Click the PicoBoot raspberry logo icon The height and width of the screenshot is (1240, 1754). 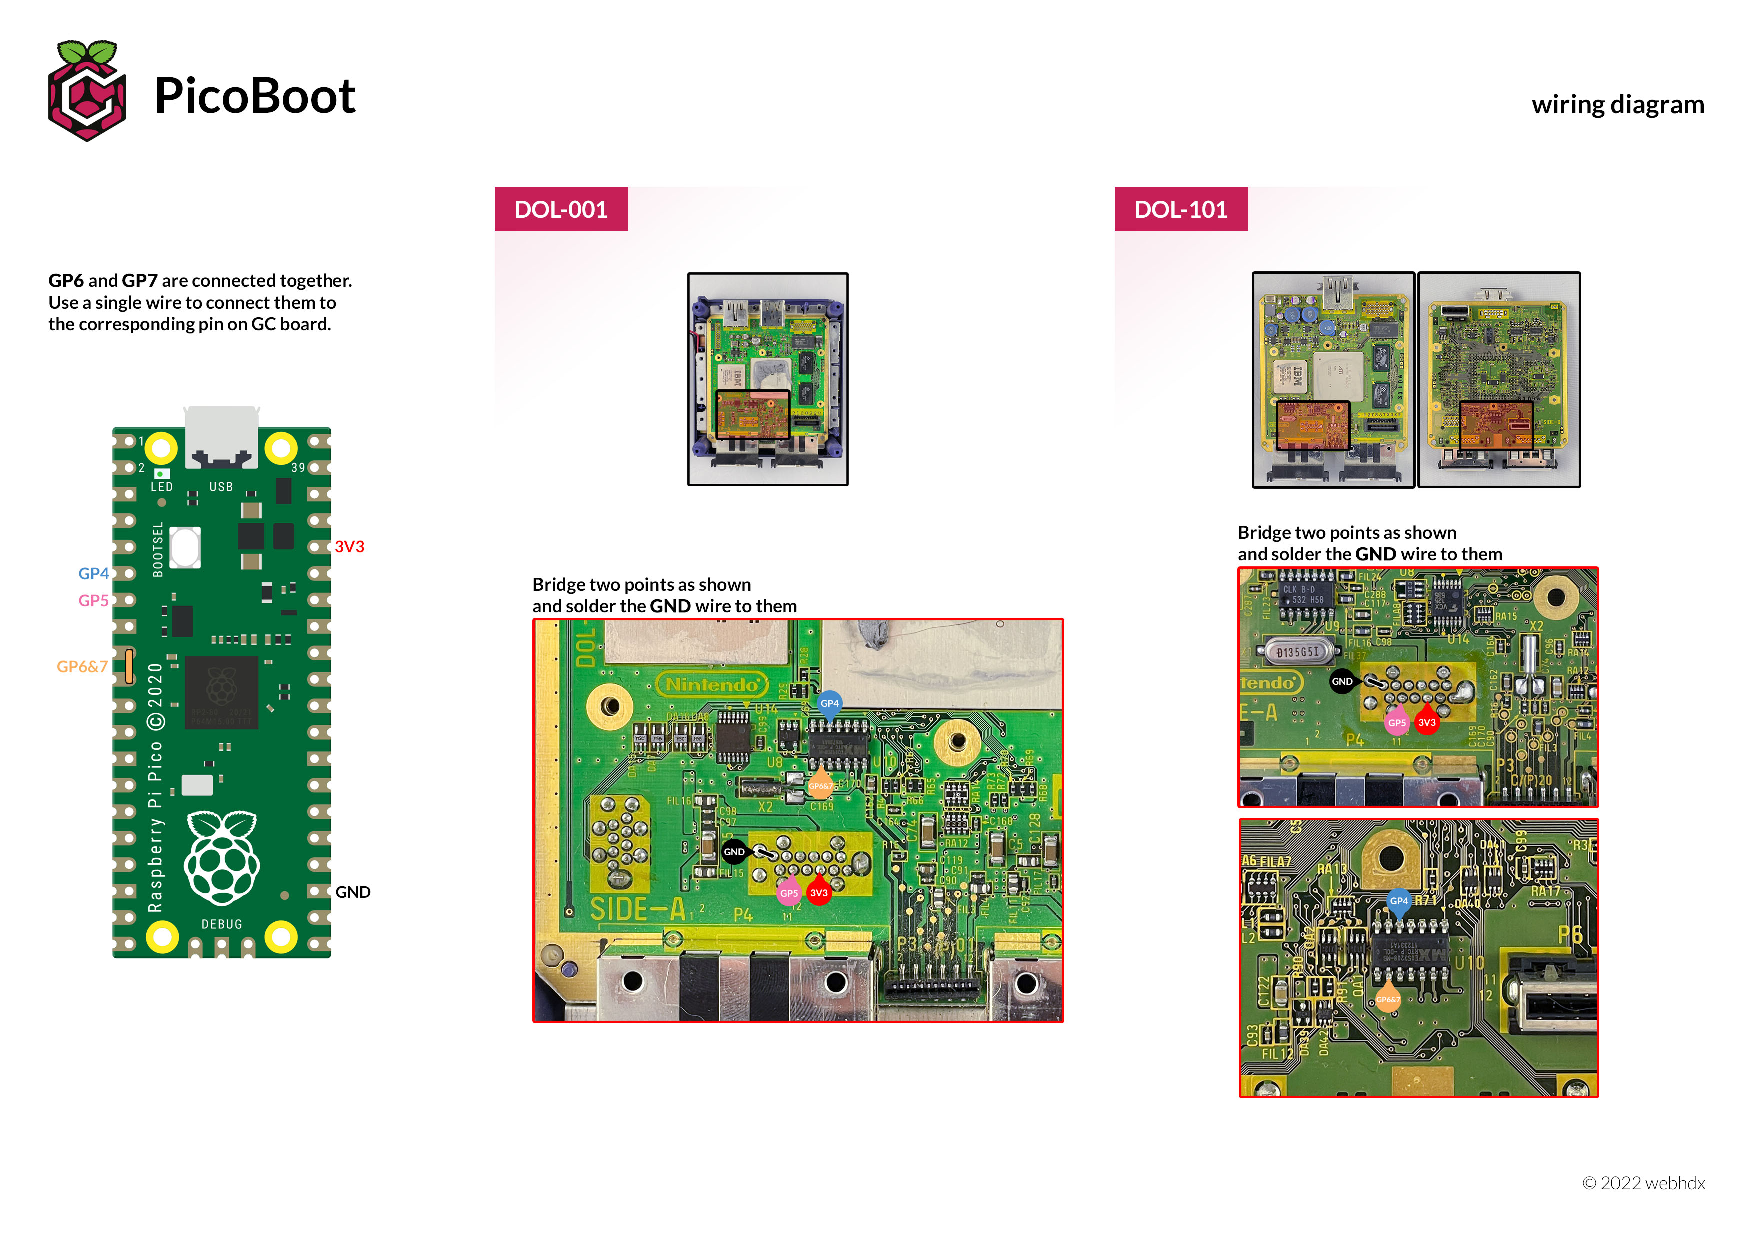point(86,91)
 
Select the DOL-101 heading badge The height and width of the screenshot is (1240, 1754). point(1180,209)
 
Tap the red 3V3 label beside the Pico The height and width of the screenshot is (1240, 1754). point(349,547)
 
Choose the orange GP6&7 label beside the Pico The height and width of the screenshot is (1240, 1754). point(81,667)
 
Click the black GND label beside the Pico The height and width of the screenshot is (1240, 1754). point(353,892)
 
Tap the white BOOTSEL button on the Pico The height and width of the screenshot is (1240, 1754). point(185,547)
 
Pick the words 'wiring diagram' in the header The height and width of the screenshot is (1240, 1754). point(1617,104)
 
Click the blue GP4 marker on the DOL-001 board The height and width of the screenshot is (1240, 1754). point(829,703)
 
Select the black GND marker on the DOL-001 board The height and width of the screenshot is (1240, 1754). point(734,852)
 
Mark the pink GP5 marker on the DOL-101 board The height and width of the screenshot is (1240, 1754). point(1396,723)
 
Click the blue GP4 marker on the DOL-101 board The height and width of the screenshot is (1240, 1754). point(1399,901)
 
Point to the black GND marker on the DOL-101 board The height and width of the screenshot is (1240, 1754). point(1342,681)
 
